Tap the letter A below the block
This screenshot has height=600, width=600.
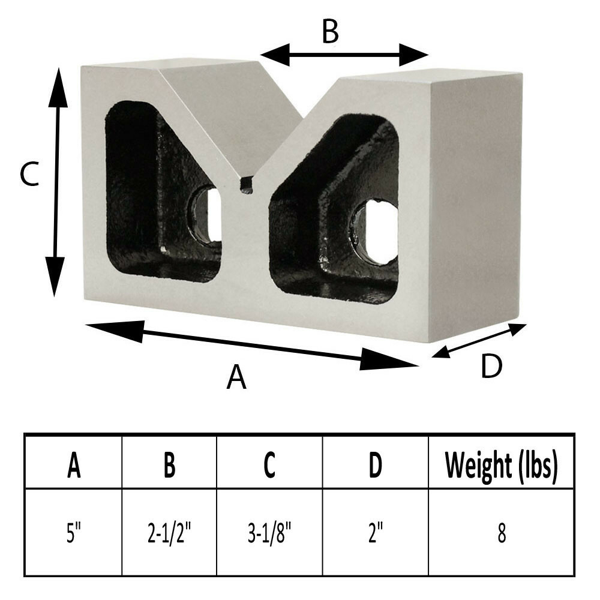[236, 377]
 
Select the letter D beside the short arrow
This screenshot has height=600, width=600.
[491, 367]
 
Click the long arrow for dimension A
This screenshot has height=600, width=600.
[252, 343]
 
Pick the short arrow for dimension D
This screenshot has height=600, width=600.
[479, 341]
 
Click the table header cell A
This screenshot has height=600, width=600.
[74, 466]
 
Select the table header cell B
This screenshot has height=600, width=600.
[169, 466]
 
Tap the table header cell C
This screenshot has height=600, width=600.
[269, 466]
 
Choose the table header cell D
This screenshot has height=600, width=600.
[375, 466]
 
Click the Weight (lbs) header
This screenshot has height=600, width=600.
[501, 466]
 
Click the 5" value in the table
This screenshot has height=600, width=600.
[74, 533]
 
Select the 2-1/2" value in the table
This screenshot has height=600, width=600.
[169, 533]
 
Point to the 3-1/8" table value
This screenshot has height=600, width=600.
[269, 533]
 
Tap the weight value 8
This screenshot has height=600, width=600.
[501, 533]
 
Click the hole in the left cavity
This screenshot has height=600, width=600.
[207, 214]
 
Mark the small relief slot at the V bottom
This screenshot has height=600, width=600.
[246, 184]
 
